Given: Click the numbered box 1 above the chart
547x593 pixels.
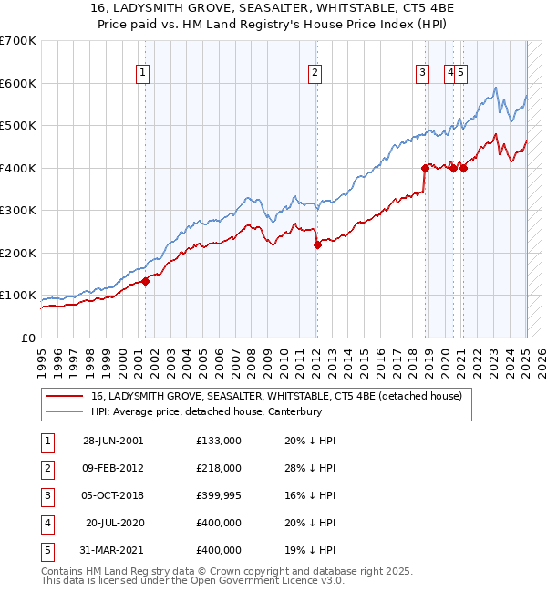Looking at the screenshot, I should click(x=144, y=75).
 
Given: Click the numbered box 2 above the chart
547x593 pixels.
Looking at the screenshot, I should click(x=315, y=75).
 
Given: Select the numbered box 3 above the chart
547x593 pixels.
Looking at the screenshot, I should click(x=423, y=75).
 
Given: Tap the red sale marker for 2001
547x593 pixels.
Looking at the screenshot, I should click(x=145, y=281).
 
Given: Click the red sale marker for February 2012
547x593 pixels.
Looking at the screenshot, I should click(x=317, y=244).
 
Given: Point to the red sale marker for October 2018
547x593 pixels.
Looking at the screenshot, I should click(x=425, y=168).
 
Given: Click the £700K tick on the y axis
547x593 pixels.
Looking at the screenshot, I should click(x=18, y=41).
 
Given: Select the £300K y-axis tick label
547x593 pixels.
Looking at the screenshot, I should click(x=18, y=211).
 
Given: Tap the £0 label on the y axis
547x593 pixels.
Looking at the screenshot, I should click(x=27, y=338).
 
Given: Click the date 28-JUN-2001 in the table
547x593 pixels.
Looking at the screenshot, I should click(x=113, y=441).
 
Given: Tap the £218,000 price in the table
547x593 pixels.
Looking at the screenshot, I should click(x=219, y=468).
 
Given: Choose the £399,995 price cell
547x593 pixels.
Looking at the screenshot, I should click(x=219, y=495).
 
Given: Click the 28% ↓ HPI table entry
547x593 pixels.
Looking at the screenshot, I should click(x=310, y=468).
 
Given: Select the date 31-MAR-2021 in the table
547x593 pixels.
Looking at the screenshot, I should click(x=113, y=550).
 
